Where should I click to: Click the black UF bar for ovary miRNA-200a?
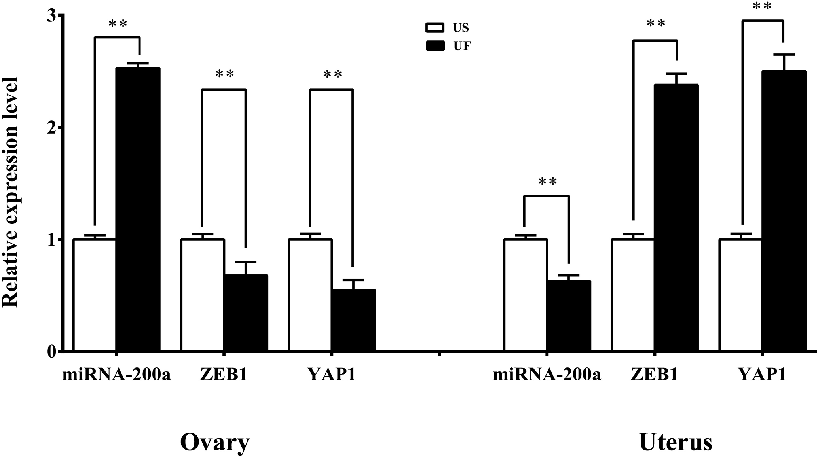point(138,210)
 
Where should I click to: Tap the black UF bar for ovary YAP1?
point(353,320)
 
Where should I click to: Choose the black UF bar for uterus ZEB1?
point(676,218)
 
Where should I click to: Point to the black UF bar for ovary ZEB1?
point(246,313)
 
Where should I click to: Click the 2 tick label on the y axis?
point(51,128)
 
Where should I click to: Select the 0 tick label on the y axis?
point(51,351)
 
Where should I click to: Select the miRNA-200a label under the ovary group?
point(116,375)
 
